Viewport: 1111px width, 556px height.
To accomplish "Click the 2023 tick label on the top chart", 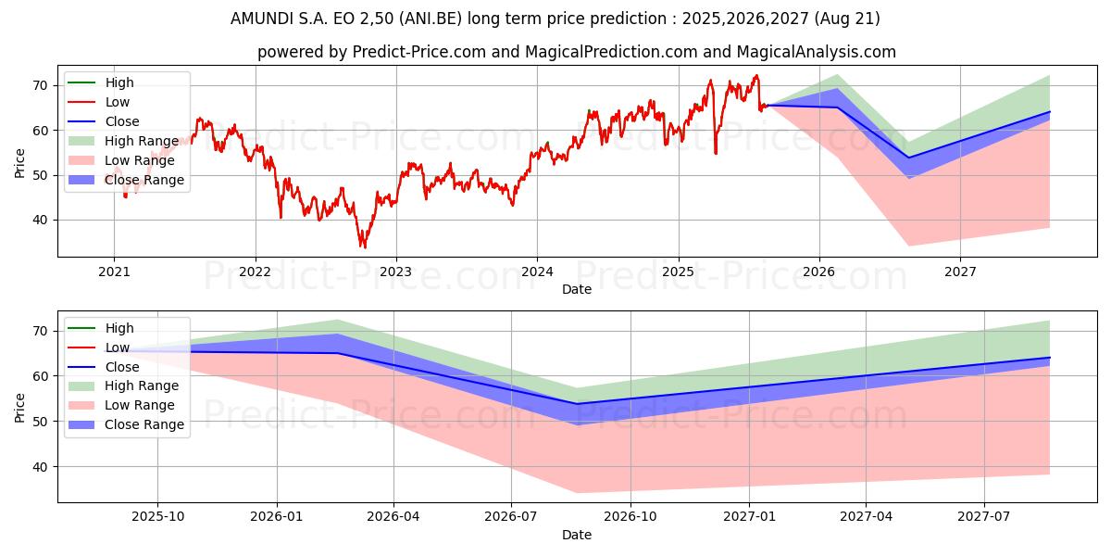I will pyautogui.click(x=396, y=272).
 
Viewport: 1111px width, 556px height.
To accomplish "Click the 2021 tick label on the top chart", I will pyautogui.click(x=114, y=272).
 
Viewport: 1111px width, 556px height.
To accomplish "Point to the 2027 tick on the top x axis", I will pyautogui.click(x=960, y=272).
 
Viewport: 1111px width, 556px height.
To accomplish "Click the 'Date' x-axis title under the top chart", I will pyautogui.click(x=576, y=289).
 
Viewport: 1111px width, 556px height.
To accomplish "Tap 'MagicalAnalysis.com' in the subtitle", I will pyautogui.click(x=823, y=53).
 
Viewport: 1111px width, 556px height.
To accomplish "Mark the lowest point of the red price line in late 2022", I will pyautogui.click(x=364, y=247).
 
